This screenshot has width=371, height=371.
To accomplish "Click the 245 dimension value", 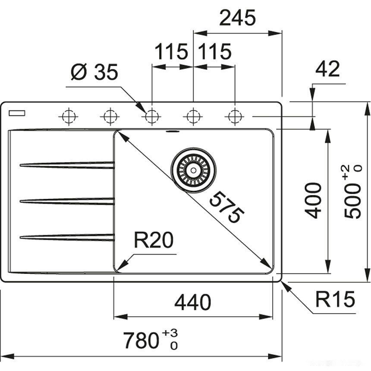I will (x=238, y=18).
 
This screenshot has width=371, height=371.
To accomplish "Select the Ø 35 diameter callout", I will (x=94, y=72).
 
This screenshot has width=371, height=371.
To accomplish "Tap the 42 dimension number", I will (x=327, y=69).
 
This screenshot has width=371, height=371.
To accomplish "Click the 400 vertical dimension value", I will (x=314, y=200).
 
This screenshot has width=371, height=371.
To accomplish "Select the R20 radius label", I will (x=153, y=240).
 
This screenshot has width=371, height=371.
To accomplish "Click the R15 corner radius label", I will (x=334, y=299).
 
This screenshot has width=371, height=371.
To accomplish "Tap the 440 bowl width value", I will (x=192, y=302).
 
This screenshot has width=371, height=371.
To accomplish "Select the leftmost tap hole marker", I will (x=69, y=116).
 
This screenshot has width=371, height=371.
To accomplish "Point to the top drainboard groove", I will (x=67, y=165).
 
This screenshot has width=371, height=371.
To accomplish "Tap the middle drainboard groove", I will (x=67, y=201).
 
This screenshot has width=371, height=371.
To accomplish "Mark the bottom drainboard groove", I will (x=67, y=236).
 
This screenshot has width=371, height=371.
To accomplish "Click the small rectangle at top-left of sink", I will (x=16, y=113).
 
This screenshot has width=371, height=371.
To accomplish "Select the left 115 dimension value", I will (x=172, y=52).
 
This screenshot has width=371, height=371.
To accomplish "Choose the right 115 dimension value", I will (x=214, y=52).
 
